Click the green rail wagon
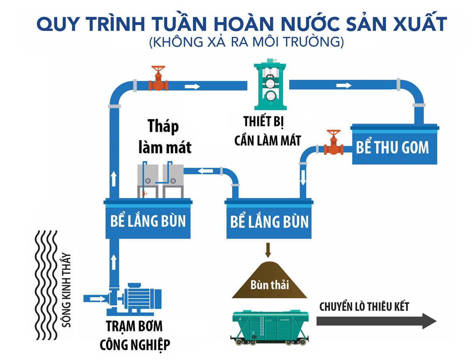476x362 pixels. (x=270, y=325)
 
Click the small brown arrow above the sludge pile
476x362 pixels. (x=268, y=250)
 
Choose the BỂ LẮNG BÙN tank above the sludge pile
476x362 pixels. (x=269, y=220)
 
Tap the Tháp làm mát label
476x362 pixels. (x=164, y=137)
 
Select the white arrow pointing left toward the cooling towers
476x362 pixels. (x=205, y=171)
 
